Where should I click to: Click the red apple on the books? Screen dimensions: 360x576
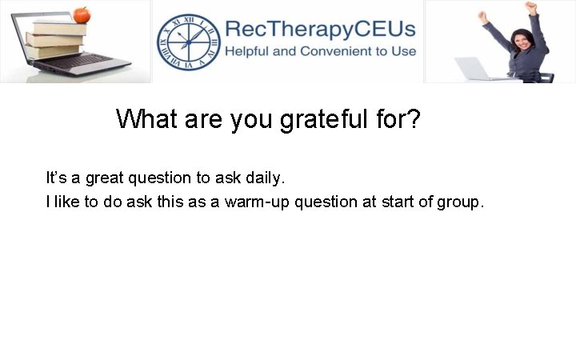pos(81,15)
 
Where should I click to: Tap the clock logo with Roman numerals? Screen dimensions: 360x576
pos(186,42)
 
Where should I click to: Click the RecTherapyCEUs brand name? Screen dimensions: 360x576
pos(320,29)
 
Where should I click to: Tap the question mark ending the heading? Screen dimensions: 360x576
pos(413,119)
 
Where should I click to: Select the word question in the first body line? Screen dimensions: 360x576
pos(165,178)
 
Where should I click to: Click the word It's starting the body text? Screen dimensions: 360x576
pos(56,177)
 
